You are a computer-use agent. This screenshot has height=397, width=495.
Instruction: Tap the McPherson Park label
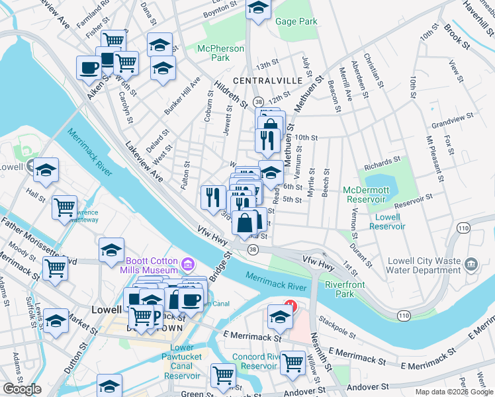point(216,53)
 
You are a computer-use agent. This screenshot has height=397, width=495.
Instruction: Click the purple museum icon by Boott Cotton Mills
point(188,265)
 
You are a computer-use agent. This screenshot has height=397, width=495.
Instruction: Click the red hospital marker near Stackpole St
point(289,306)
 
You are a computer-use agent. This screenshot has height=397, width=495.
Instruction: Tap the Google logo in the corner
point(22,389)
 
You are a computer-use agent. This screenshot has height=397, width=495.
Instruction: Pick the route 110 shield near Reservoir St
point(462,228)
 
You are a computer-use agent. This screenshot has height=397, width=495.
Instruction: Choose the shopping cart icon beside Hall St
point(66,207)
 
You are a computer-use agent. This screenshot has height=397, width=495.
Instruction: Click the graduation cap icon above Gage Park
point(259,8)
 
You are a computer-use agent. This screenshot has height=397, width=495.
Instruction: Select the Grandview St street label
point(452,120)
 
